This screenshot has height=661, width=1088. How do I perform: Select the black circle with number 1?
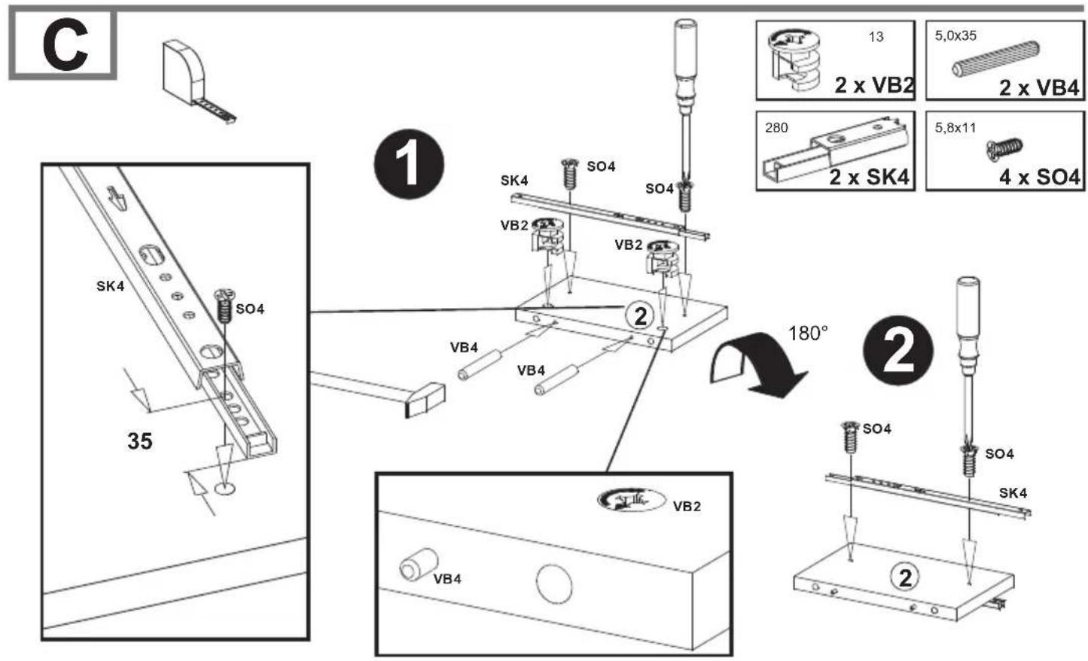pyautogui.click(x=409, y=163)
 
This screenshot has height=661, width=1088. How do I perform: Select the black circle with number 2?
pyautogui.click(x=898, y=351)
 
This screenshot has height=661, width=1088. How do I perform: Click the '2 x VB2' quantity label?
pyautogui.click(x=874, y=86)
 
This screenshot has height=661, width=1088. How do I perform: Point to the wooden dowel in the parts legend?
pyautogui.click(x=995, y=59)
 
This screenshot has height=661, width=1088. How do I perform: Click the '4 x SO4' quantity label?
pyautogui.click(x=1039, y=177)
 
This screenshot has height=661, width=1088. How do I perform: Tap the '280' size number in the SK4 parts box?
pyautogui.click(x=776, y=128)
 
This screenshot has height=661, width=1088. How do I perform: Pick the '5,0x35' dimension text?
pyautogui.click(x=955, y=35)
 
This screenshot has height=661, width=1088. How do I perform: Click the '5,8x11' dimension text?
pyautogui.click(x=955, y=128)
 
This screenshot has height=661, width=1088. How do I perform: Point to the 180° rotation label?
pyautogui.click(x=808, y=334)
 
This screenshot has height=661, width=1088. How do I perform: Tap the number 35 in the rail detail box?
pyautogui.click(x=140, y=441)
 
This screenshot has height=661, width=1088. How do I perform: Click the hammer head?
pyautogui.click(x=425, y=401)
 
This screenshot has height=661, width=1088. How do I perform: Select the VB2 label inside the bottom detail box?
pyautogui.click(x=687, y=507)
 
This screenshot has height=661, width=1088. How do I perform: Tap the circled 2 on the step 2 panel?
pyautogui.click(x=904, y=578)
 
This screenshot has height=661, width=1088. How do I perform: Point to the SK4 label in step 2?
pyautogui.click(x=1013, y=493)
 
